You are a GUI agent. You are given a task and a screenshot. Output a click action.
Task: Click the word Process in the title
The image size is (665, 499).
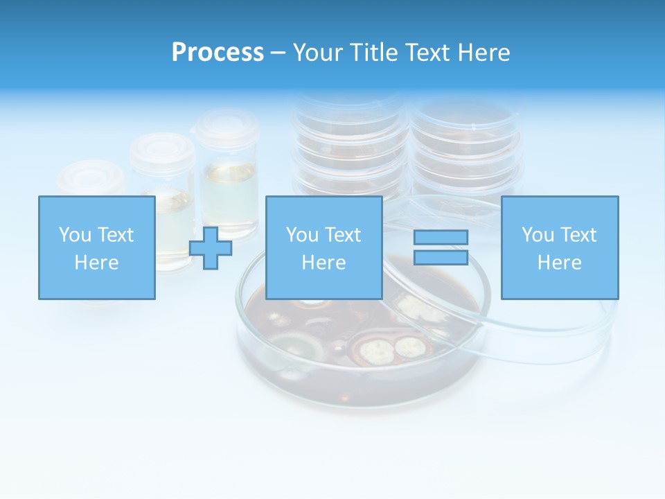218,53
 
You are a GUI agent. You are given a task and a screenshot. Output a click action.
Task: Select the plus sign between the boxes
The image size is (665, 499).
211,247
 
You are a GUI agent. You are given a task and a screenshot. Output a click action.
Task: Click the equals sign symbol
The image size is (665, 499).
441,247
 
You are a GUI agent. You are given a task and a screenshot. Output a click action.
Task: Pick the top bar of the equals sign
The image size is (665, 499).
441,238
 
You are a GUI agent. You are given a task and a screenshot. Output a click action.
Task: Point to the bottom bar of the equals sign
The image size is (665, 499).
441,257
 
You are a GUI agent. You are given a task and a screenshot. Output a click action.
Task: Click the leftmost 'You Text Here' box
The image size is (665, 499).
97,247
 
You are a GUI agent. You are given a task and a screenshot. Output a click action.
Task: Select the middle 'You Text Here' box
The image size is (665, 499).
323,247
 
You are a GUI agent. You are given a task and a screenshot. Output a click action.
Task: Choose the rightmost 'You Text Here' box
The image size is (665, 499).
560,247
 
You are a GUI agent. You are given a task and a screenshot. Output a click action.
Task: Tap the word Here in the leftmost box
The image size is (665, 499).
97,263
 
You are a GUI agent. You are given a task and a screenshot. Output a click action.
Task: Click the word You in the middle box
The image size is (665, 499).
302,235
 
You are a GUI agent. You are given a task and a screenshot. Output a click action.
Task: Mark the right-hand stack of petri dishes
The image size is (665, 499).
465,149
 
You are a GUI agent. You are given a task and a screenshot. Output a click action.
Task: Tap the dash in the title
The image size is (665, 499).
278,53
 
